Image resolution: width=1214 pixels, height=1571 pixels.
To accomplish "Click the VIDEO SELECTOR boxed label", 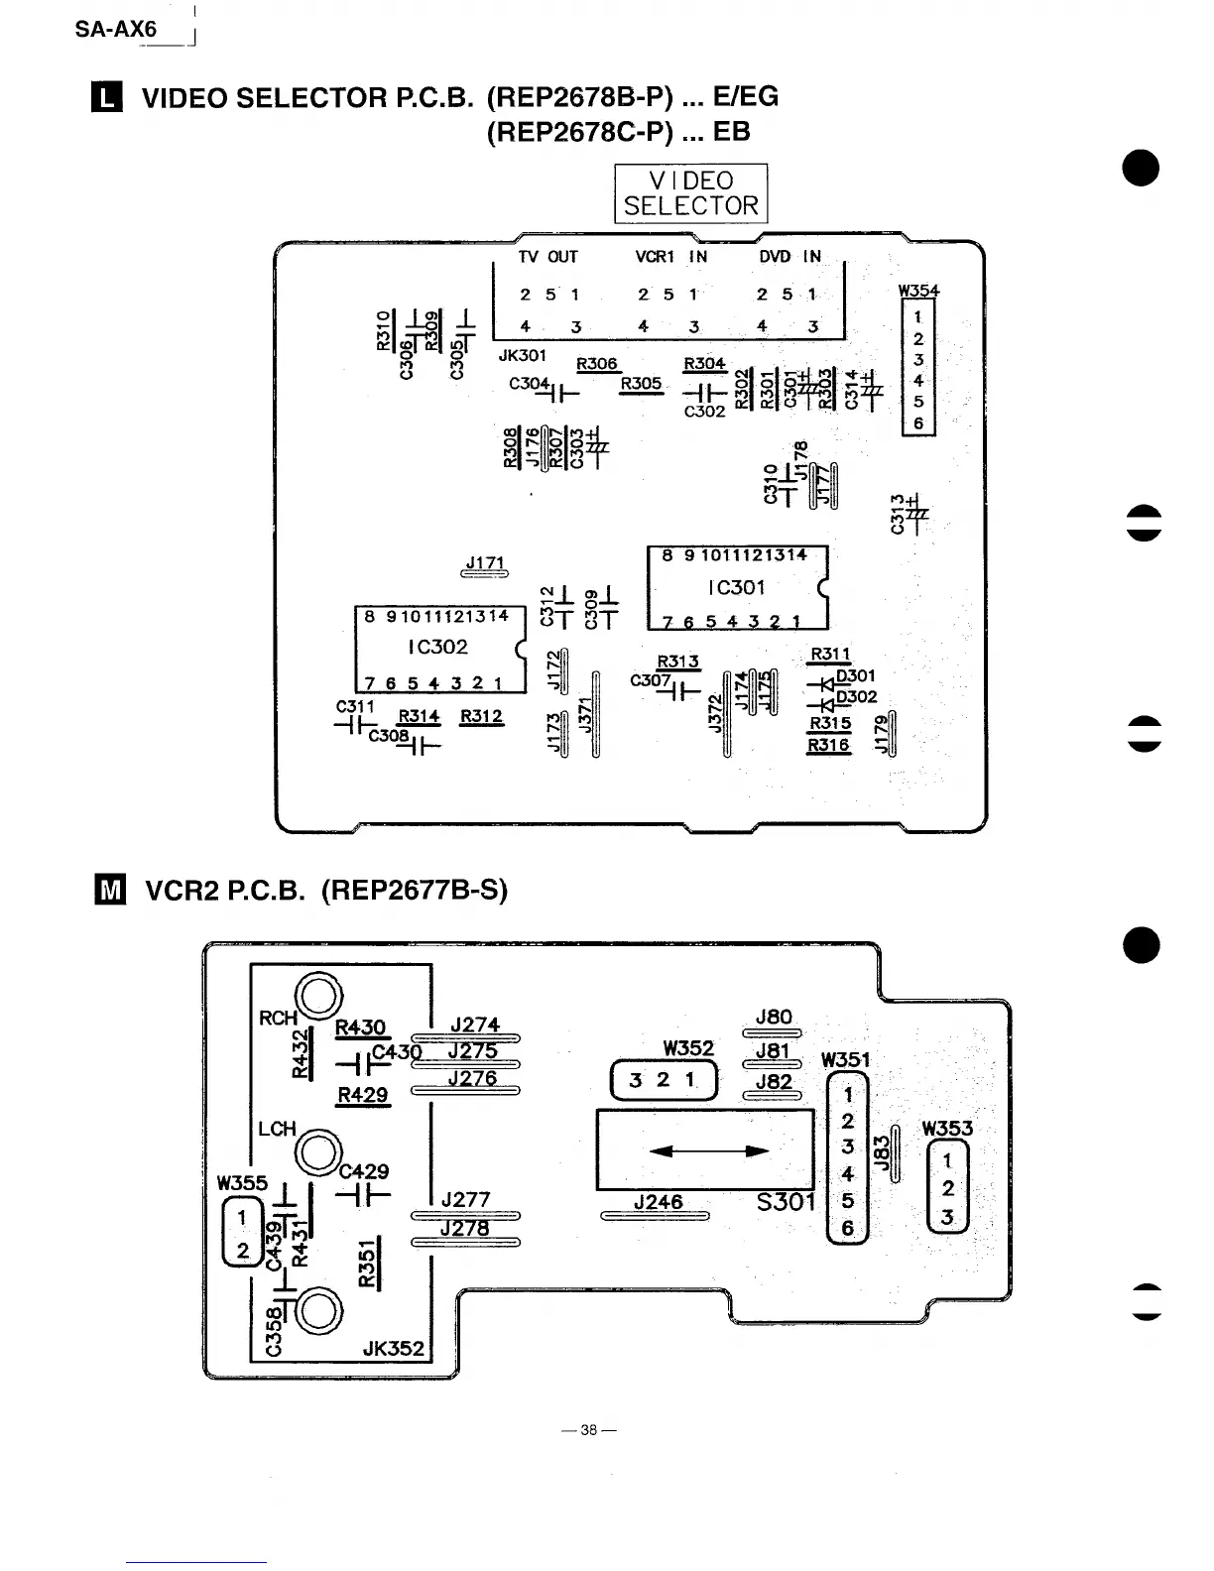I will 690,193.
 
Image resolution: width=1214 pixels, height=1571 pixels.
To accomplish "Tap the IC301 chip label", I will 736,587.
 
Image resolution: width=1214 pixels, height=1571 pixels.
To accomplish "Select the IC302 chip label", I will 437,647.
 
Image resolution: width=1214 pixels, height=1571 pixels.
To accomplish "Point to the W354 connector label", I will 918,292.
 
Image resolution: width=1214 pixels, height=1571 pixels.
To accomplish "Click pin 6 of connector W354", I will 918,423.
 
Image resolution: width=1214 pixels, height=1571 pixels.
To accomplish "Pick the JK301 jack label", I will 523,354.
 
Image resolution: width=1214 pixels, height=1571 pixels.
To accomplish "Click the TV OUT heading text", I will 547,257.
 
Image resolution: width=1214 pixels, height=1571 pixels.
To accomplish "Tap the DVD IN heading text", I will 789,257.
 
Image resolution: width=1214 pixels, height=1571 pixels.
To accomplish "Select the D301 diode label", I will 856,676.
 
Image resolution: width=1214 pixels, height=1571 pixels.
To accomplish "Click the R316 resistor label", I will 829,745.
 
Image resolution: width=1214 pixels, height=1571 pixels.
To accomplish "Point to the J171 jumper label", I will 486,563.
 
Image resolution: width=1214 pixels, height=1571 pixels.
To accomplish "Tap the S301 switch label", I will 786,1202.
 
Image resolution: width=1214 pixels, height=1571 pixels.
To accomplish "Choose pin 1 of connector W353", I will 947,1160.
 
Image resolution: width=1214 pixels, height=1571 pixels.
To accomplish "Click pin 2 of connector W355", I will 242,1251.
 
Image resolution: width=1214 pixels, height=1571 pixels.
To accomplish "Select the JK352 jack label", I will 394,1349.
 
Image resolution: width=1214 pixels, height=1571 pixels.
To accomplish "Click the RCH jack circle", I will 322,995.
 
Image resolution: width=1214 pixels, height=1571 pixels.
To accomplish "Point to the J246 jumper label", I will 658,1202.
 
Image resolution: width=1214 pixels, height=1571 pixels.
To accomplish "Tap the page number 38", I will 589,1430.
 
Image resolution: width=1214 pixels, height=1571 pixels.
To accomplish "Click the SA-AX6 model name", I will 116,30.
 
